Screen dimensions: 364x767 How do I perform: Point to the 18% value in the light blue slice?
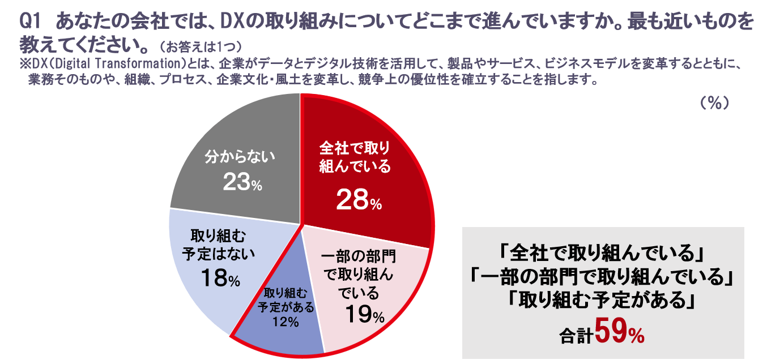click(220, 277)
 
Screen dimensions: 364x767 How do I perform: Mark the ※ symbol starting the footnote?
click(24, 63)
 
